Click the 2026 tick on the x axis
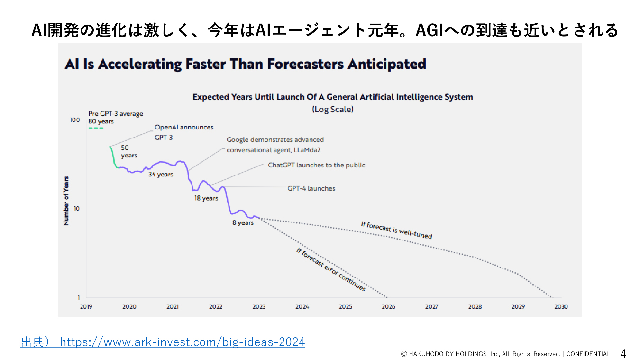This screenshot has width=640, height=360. click(x=388, y=306)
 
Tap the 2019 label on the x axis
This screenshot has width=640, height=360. click(x=86, y=306)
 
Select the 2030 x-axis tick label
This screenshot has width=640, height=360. click(x=561, y=306)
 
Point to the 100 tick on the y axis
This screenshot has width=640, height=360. click(x=75, y=120)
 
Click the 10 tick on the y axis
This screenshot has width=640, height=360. click(x=76, y=209)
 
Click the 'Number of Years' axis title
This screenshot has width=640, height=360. click(x=66, y=201)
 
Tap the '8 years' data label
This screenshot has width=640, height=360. click(x=243, y=222)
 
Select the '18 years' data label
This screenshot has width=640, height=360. click(x=206, y=198)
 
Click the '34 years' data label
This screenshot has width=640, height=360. click(x=161, y=174)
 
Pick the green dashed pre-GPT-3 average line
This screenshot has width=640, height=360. click(x=96, y=128)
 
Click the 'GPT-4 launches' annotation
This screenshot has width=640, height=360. click(x=311, y=188)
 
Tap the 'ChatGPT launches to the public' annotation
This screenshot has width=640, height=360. click(x=316, y=165)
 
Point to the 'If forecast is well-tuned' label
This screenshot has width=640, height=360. click(x=396, y=230)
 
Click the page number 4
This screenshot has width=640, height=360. click(x=623, y=353)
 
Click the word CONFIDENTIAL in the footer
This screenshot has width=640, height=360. click(x=588, y=354)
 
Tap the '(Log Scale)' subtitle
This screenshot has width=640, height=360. click(x=332, y=109)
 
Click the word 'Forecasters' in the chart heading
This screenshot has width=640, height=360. click(x=305, y=64)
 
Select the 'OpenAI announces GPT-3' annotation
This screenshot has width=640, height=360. click(x=184, y=131)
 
